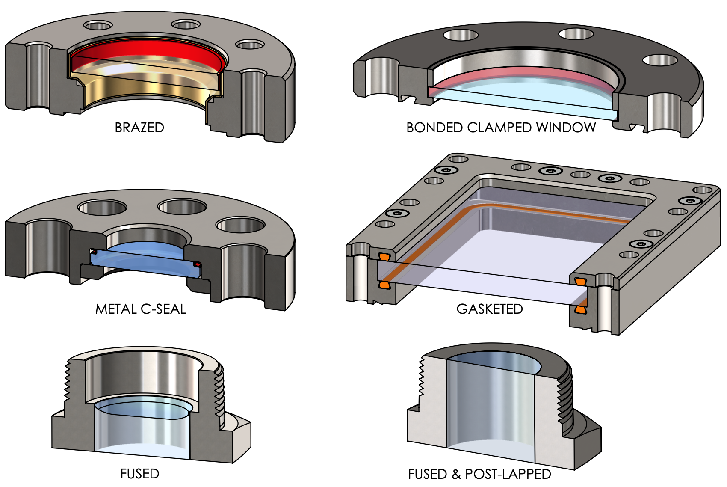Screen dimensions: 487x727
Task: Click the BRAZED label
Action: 139,128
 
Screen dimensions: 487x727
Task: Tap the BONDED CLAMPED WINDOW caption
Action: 501,128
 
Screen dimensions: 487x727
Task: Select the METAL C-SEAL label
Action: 141,309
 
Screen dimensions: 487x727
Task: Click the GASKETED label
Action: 490,309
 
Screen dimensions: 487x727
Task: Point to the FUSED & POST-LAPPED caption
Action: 479,474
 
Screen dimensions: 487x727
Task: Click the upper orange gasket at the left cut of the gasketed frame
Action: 384,257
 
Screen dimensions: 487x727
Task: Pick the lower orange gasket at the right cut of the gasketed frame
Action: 580,309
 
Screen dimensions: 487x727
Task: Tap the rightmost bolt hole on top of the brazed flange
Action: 250,45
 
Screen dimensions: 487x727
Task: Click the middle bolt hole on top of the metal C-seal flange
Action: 183,207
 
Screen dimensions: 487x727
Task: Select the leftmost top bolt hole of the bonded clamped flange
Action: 461,35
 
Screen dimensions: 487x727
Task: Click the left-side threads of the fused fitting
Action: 67,381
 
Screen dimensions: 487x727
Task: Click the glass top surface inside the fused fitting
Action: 141,409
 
